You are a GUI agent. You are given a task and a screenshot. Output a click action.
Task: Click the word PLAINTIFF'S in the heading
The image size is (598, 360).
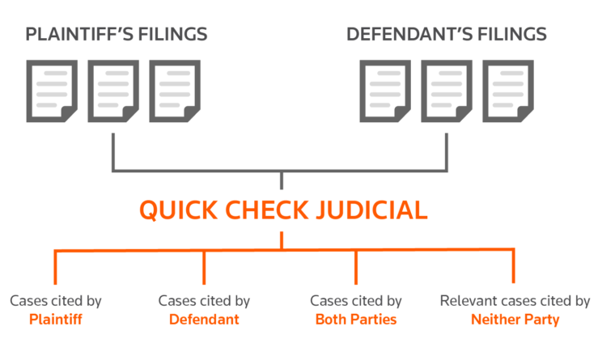(79, 34)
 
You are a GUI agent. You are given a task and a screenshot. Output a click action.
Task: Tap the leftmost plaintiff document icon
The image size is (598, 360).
(52, 91)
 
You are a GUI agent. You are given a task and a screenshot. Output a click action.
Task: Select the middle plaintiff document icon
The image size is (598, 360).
(113, 91)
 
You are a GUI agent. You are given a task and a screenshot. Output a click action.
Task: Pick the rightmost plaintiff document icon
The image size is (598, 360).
(175, 91)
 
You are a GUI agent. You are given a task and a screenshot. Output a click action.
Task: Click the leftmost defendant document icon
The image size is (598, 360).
(385, 91)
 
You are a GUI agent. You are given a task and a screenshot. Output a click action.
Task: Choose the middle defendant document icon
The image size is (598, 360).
(447, 91)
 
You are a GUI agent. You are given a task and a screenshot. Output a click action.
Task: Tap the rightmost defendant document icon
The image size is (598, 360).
(508, 91)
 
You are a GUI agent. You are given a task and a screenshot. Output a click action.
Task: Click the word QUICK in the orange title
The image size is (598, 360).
(179, 210)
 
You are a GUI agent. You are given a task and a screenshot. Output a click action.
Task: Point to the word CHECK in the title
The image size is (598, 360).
(266, 210)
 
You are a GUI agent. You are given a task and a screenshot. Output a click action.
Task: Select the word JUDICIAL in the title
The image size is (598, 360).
(371, 210)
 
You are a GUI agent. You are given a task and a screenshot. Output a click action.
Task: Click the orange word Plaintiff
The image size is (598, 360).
(56, 320)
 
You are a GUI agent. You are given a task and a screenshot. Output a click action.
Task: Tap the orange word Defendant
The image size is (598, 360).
(204, 320)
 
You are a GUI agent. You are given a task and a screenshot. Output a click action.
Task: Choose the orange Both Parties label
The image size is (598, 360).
(356, 320)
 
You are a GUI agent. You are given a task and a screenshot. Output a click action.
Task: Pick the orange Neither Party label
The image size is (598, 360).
(515, 320)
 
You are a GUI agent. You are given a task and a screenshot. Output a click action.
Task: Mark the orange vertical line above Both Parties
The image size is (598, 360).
(356, 267)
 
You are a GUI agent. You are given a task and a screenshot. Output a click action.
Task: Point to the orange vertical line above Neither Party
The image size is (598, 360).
(513, 266)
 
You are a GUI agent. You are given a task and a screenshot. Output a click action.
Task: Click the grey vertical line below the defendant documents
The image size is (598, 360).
(447, 152)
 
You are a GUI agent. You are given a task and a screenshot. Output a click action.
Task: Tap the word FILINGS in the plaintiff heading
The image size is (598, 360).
(172, 34)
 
